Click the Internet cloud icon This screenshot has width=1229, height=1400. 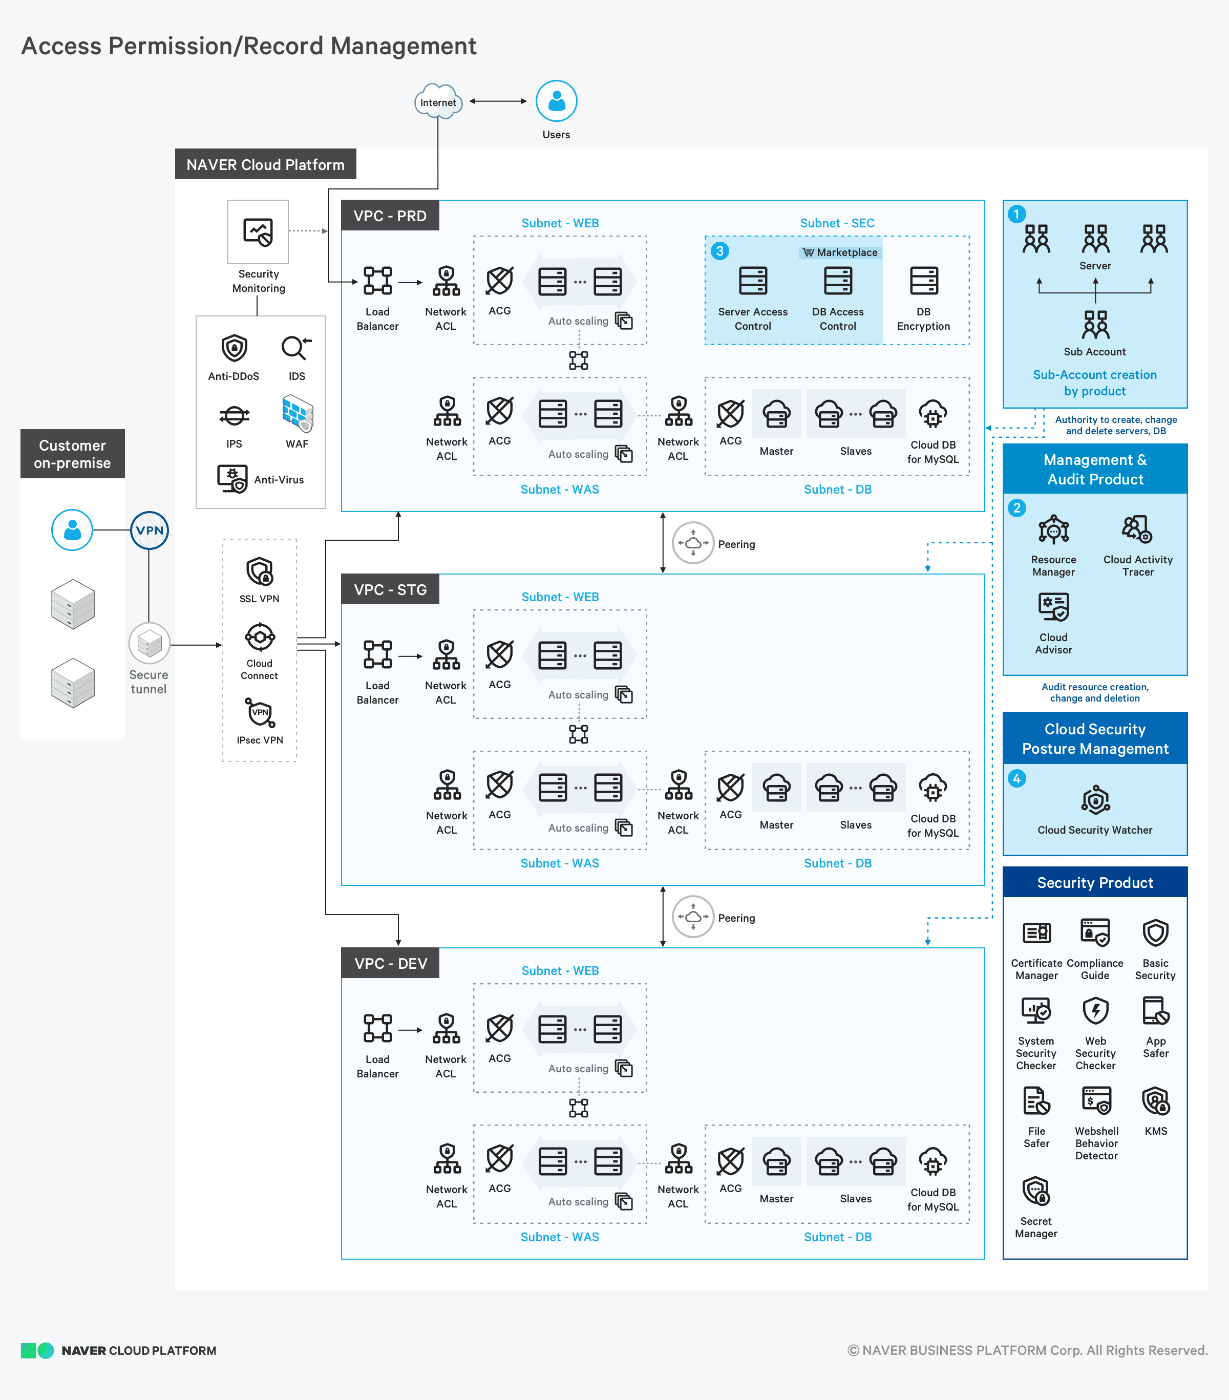(x=438, y=101)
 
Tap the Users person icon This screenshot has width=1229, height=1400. (x=556, y=101)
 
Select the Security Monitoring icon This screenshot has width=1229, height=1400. (x=258, y=231)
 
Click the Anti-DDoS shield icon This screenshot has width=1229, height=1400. (x=234, y=348)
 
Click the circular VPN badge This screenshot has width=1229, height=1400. (x=150, y=530)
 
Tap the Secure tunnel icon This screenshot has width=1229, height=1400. (x=150, y=643)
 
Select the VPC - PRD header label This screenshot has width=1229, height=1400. (x=390, y=216)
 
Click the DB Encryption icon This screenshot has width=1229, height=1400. (x=923, y=281)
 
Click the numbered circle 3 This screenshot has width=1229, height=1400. (x=719, y=251)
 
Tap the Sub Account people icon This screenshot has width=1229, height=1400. (x=1095, y=325)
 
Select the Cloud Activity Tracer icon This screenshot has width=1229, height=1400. (x=1137, y=529)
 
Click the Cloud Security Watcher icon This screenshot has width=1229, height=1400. (x=1095, y=800)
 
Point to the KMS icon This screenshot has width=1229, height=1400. (x=1155, y=1100)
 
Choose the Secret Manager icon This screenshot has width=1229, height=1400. (x=1036, y=1191)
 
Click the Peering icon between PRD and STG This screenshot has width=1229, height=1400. (x=693, y=543)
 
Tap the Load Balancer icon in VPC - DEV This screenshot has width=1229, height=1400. (x=377, y=1028)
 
